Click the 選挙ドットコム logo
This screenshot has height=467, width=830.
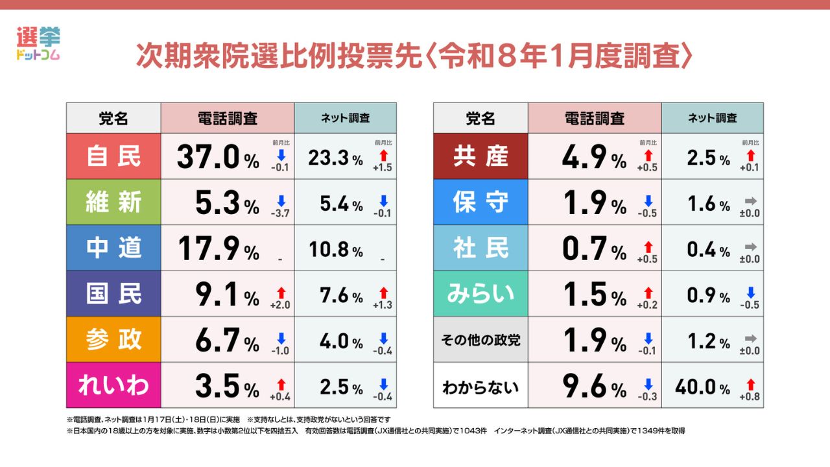coord(37,44)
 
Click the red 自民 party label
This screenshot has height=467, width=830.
coord(113,157)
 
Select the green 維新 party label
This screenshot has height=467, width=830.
coord(113,202)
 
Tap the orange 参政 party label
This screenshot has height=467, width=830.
coord(113,339)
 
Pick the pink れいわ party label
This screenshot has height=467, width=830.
coord(113,385)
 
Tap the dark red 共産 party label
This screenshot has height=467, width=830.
coord(480,157)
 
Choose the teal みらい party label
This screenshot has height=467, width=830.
coord(480,294)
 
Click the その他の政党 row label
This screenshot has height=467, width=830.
coord(480,339)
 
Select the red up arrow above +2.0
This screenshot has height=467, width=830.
coord(281,290)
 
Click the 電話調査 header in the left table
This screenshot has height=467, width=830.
coord(227,118)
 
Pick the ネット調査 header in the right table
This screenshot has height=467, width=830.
coord(712,118)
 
